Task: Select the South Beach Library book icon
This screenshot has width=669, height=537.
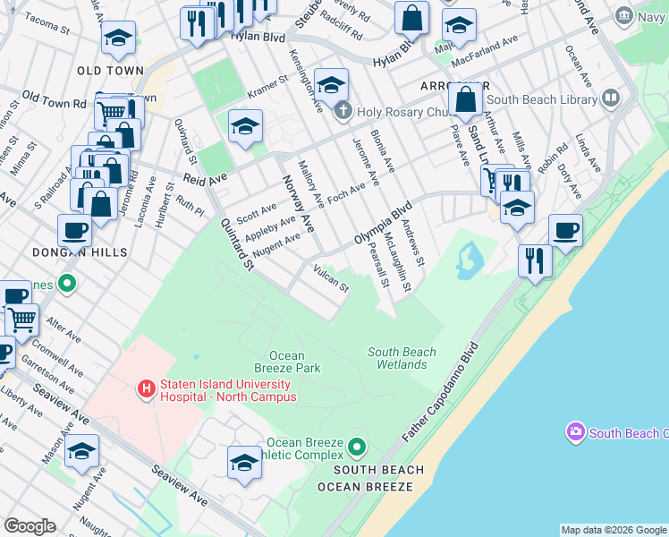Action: [x=612, y=98]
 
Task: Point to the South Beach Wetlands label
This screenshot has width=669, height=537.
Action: [x=402, y=358]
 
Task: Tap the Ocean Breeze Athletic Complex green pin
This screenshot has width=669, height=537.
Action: [x=358, y=446]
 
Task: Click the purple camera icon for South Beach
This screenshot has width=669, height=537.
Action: [x=575, y=432]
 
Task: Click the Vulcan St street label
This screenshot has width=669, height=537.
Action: [x=330, y=277]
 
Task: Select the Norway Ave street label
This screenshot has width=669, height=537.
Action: [x=299, y=205]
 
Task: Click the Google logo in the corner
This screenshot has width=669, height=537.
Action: [x=30, y=526]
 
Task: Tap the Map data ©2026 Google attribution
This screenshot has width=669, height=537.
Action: [x=614, y=530]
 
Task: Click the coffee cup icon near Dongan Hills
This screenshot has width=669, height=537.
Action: [x=74, y=229]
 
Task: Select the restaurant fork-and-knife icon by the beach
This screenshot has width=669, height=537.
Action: [x=535, y=260]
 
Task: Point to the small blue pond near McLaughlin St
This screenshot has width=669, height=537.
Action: [x=470, y=258]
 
